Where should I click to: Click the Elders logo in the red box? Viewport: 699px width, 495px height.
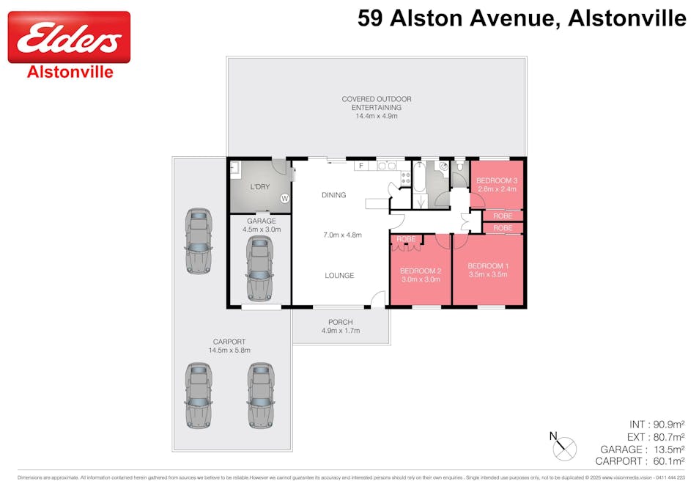click(x=69, y=37)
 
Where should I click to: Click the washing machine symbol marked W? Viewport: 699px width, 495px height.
click(x=285, y=198)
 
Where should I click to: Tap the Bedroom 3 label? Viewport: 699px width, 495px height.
click(x=497, y=180)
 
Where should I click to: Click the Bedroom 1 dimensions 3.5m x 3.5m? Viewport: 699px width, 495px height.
click(x=487, y=274)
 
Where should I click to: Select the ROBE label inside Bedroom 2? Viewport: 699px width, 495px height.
click(x=406, y=239)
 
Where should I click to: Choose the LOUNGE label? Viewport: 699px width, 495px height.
click(x=339, y=276)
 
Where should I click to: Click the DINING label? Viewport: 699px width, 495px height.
click(x=333, y=195)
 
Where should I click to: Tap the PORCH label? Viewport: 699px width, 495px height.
click(x=341, y=322)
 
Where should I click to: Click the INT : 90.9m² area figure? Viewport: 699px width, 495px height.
click(x=657, y=425)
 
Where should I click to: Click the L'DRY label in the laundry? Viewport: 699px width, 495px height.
click(x=260, y=187)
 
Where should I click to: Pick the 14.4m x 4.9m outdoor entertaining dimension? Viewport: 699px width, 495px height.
click(x=376, y=116)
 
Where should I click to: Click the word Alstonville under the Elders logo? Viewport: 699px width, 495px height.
click(x=70, y=72)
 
